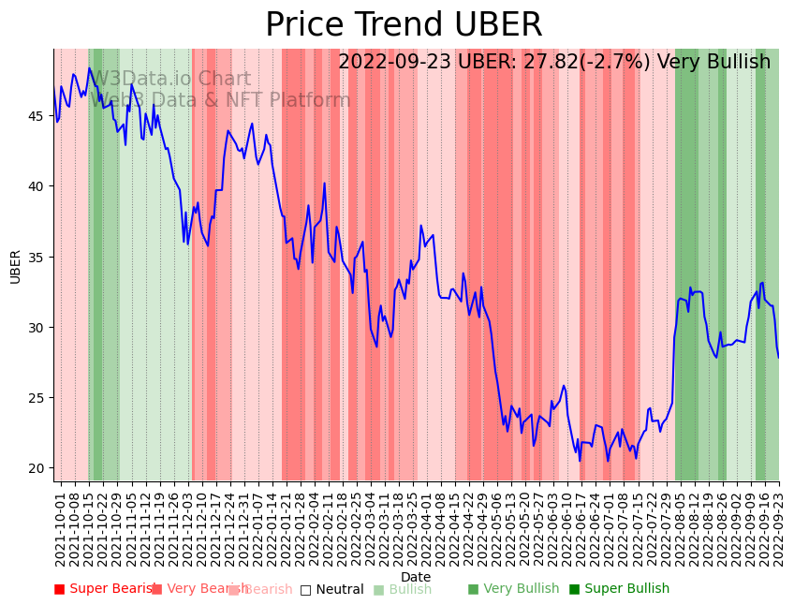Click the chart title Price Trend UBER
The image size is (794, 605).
tap(404, 25)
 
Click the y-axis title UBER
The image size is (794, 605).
tap(16, 266)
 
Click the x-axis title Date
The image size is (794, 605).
tap(416, 577)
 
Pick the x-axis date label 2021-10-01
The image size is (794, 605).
tap(61, 529)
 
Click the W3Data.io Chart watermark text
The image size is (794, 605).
tap(170, 80)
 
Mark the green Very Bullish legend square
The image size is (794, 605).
tap(473, 589)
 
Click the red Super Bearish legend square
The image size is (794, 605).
tap(59, 589)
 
